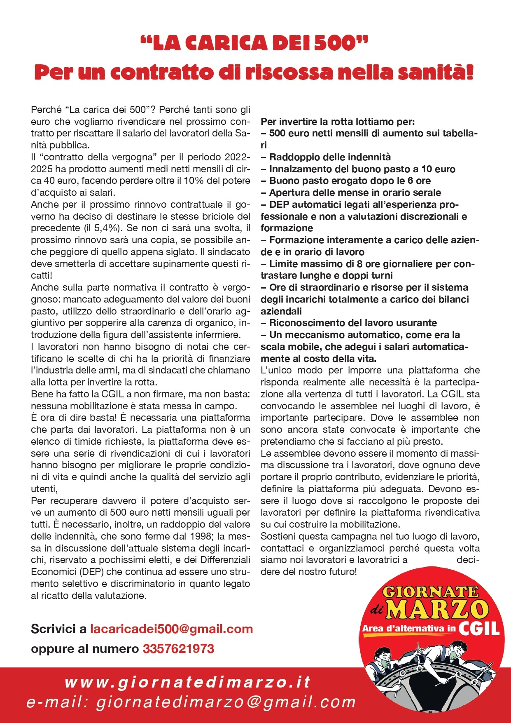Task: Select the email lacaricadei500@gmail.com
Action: [171, 629]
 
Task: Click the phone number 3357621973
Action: [178, 649]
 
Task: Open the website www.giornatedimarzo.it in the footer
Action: [187, 682]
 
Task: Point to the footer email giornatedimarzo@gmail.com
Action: [226, 702]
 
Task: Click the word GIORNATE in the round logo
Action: [431, 592]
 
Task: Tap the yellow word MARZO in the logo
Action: [437, 609]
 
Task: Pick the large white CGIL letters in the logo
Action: [479, 629]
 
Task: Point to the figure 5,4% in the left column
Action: [103, 228]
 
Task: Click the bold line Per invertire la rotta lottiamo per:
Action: [338, 122]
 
